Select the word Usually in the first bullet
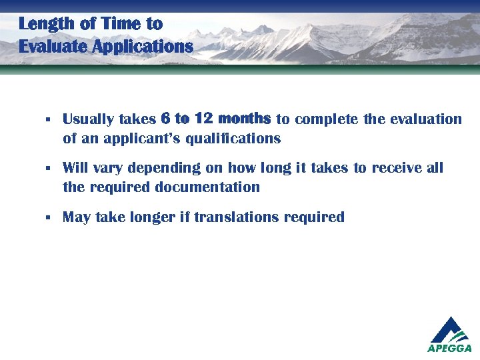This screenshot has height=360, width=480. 86,120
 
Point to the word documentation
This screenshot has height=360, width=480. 207,187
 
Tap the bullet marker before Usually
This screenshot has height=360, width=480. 48,120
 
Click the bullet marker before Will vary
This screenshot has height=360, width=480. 48,168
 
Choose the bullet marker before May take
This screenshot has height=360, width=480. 48,217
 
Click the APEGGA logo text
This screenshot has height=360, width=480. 450,348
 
